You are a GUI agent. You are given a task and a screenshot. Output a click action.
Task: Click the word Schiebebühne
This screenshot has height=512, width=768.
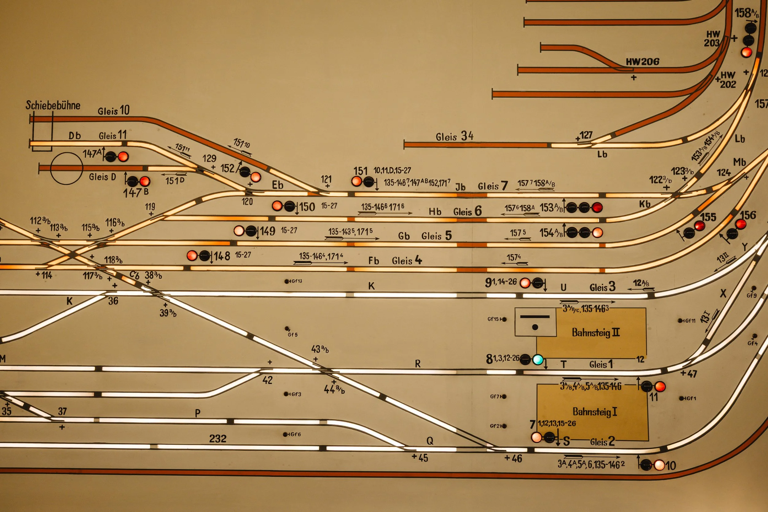(x=53, y=105)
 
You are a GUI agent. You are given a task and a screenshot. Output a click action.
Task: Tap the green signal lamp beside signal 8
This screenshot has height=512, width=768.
(x=538, y=360)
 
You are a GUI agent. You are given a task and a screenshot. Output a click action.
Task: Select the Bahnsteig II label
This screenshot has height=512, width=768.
(x=596, y=332)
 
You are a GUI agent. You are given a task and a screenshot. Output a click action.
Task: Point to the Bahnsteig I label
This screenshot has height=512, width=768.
(x=595, y=412)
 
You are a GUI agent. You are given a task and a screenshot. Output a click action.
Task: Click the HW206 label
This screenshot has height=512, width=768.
(x=642, y=61)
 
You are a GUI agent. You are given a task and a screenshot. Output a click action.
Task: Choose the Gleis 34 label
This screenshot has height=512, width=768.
(x=454, y=136)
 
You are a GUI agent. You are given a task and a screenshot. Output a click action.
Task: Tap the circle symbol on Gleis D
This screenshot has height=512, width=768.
(x=67, y=169)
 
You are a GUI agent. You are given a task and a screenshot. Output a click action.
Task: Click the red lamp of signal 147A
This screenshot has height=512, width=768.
(x=123, y=156)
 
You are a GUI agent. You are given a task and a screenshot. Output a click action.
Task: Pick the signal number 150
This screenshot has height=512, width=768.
(x=307, y=207)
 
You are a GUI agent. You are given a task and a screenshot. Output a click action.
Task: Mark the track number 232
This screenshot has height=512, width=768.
(x=218, y=439)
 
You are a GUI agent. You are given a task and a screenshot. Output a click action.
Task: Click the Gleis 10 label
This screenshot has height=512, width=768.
(x=114, y=110)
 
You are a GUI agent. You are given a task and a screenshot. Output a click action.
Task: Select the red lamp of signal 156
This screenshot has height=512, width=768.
(x=741, y=224)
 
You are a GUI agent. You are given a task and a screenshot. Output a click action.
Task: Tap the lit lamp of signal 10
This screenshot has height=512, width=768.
(x=659, y=465)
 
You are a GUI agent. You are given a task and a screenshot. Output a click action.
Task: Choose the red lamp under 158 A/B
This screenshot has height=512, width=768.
(x=746, y=52)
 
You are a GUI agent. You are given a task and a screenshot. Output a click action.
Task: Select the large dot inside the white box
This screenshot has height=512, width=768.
(x=535, y=327)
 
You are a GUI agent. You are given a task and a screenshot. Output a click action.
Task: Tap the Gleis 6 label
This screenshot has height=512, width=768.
(x=467, y=211)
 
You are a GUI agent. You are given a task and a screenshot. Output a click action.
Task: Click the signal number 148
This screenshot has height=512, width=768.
(x=222, y=256)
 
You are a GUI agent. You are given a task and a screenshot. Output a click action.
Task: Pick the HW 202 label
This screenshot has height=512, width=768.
(x=727, y=80)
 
